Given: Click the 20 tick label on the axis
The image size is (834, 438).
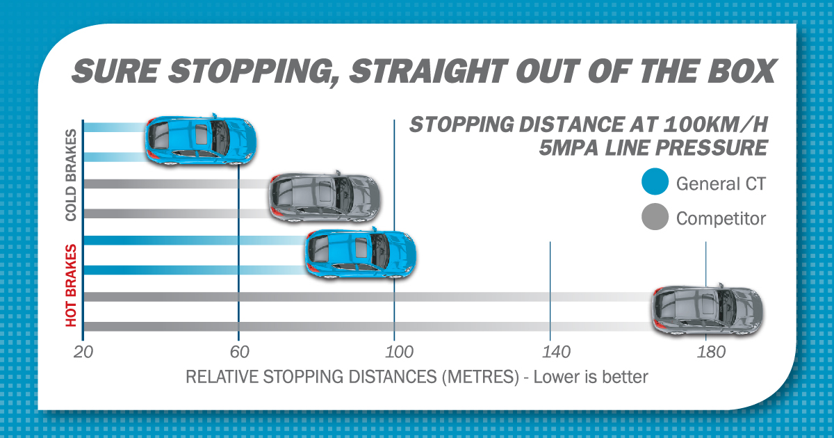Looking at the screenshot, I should [x=83, y=352].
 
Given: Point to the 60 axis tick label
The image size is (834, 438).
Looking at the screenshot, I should [x=238, y=352].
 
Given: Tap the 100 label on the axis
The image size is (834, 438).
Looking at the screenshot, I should [x=395, y=352].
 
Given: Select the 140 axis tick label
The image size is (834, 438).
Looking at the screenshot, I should [x=550, y=352].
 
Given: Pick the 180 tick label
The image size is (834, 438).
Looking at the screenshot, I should [x=706, y=352].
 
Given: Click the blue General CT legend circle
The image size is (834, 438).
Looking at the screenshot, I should [x=656, y=184].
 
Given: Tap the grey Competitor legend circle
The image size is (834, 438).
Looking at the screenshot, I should [x=656, y=218].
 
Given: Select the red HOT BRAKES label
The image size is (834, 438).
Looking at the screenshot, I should [x=71, y=284].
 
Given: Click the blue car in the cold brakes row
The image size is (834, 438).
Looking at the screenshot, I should [x=200, y=139].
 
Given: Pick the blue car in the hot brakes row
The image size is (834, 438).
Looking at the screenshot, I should [x=361, y=253].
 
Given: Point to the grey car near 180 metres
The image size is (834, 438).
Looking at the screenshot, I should [x=706, y=311].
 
